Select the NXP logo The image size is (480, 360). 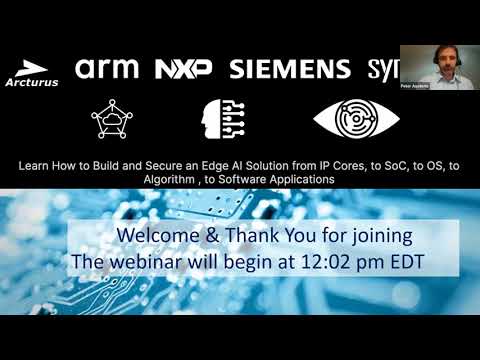click(183, 68)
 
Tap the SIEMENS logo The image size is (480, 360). click(290, 68)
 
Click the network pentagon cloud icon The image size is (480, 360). click(111, 119)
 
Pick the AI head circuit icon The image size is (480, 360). click(222, 119)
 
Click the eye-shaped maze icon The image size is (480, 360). click(345, 118)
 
